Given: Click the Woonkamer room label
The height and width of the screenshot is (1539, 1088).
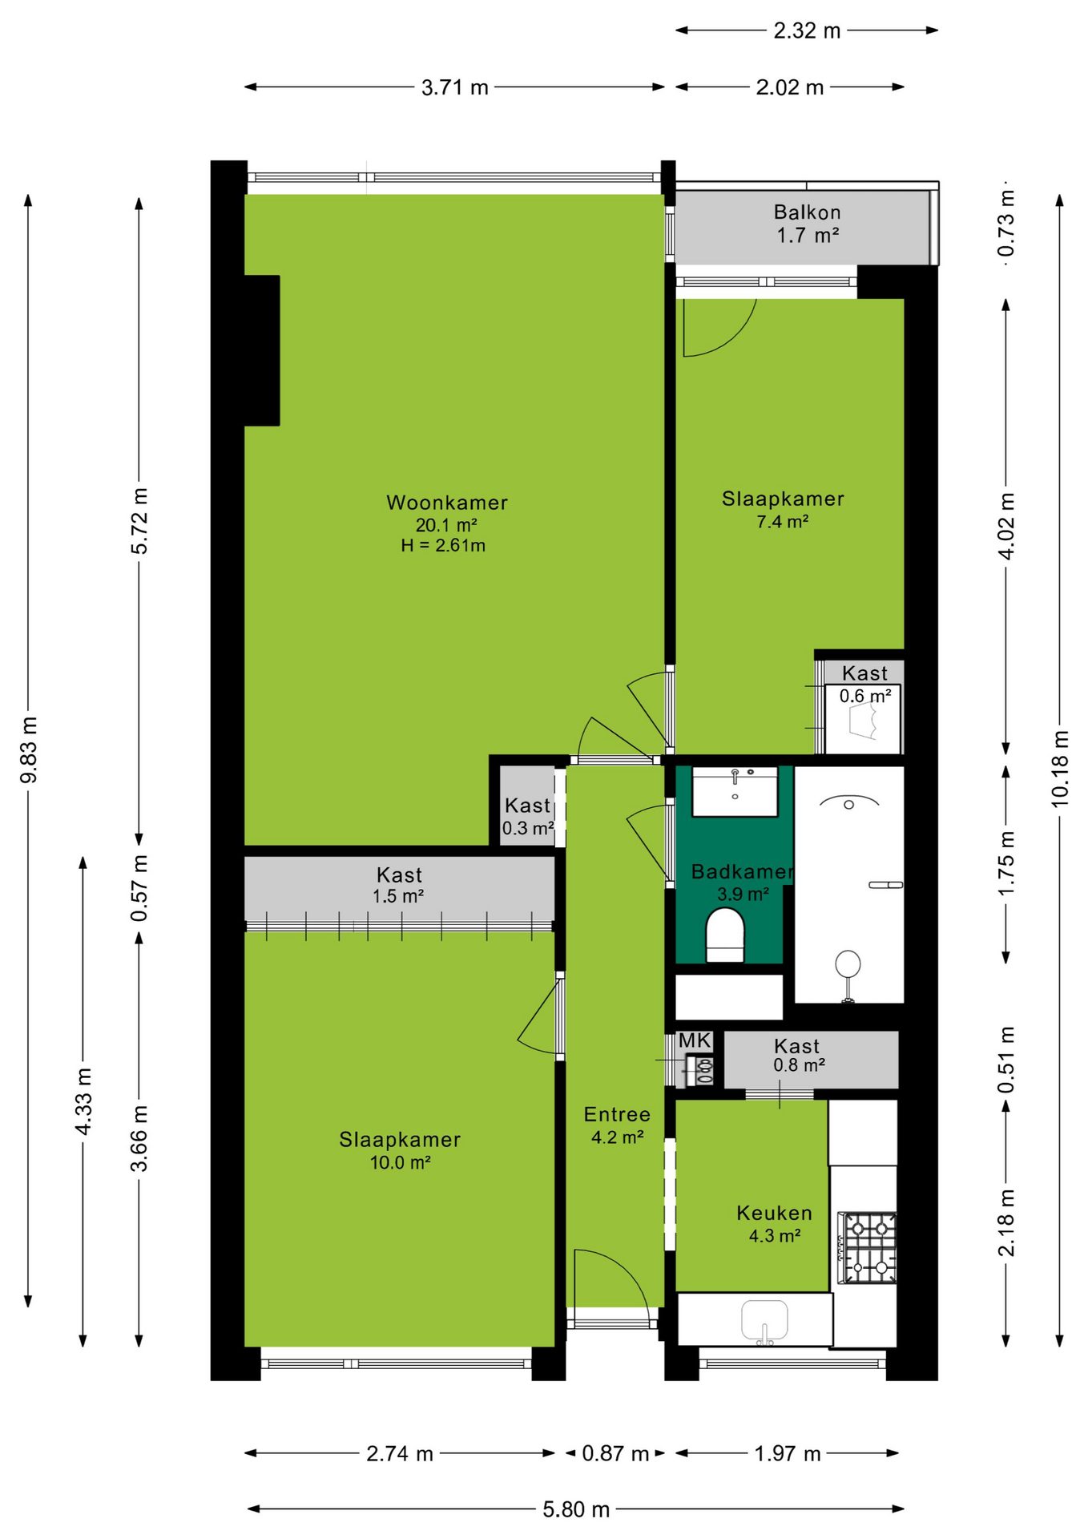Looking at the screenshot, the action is (447, 503).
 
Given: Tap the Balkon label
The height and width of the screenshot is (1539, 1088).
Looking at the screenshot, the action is (807, 212).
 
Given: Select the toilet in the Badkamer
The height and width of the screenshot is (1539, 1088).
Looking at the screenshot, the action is (725, 934).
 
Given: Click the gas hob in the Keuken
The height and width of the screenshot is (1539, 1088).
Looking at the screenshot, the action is (868, 1247).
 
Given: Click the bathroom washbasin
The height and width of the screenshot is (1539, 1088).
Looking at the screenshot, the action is (735, 791).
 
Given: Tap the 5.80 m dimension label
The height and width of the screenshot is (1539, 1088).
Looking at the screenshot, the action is (576, 1509).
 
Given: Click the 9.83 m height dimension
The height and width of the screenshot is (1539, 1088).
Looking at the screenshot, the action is (28, 749).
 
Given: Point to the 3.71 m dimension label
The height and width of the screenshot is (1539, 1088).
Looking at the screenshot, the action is (455, 87).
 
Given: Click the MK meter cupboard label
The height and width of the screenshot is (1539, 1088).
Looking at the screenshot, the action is (695, 1040).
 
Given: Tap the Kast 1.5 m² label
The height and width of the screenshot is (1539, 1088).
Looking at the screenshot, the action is (399, 885).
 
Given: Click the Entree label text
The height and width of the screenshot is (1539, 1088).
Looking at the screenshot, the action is (617, 1114).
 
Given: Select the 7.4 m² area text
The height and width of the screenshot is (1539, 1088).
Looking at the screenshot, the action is (783, 522).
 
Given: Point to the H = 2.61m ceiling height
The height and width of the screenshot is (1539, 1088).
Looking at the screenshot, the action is (443, 546).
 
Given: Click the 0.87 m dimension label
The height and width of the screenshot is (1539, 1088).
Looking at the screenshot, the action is (615, 1453).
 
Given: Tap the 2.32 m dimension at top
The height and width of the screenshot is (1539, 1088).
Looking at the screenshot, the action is (807, 30).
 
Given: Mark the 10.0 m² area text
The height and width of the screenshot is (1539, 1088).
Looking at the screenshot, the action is (400, 1162).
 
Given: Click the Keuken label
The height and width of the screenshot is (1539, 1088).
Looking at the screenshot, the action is (774, 1213).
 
